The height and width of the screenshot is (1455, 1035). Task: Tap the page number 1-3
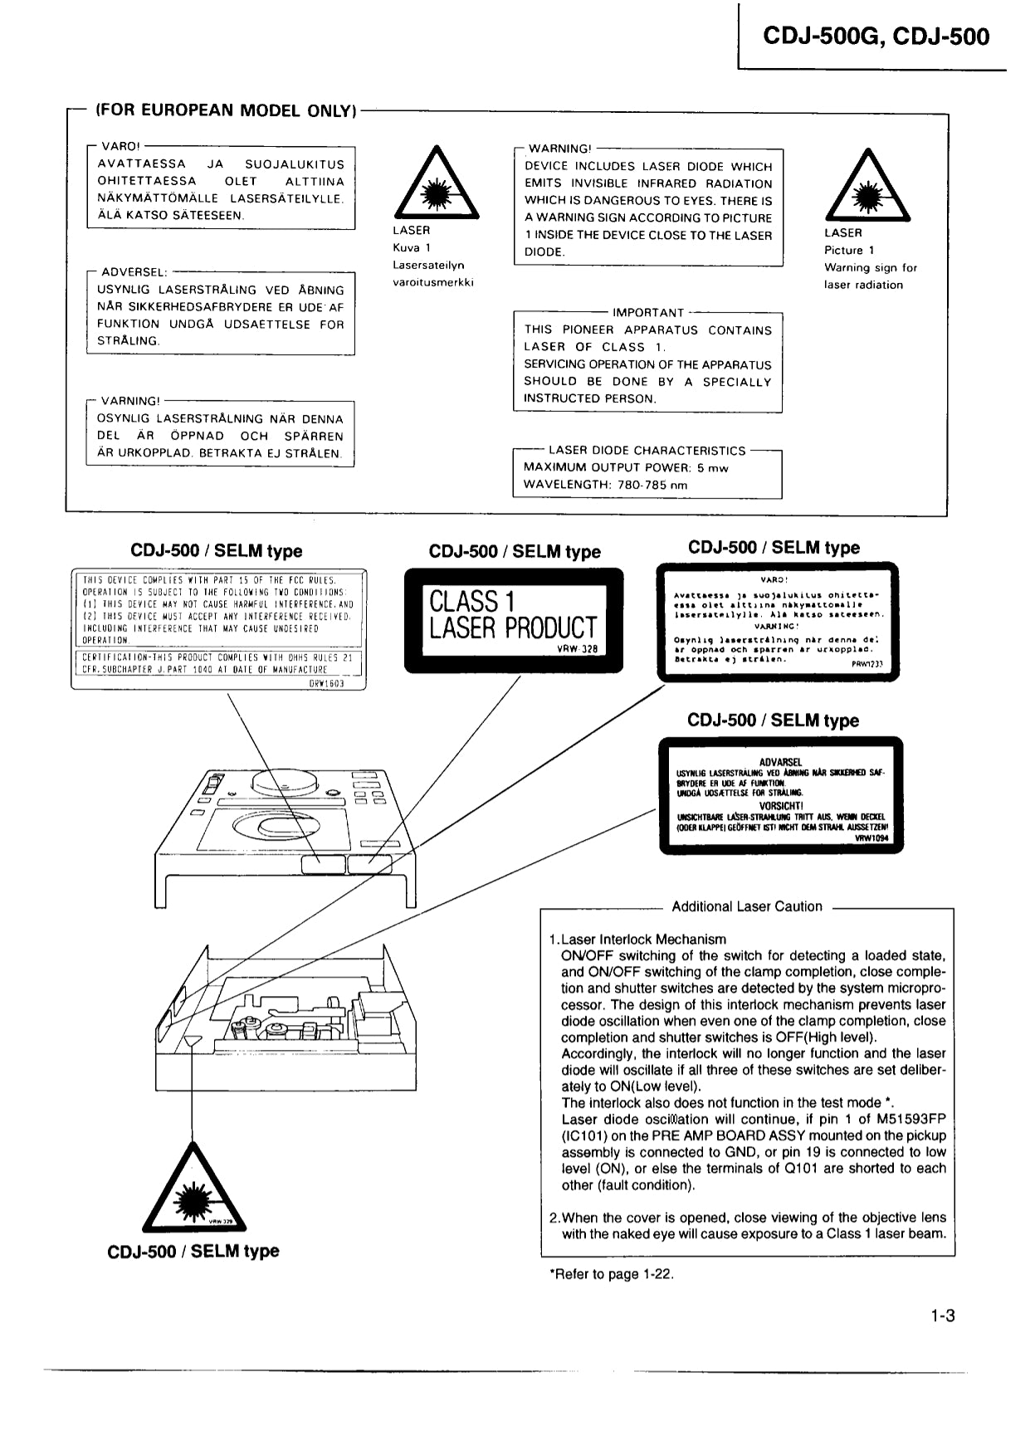[942, 1316]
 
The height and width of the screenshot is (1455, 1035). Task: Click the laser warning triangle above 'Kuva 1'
[435, 183]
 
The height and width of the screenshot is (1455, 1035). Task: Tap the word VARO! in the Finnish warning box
[120, 146]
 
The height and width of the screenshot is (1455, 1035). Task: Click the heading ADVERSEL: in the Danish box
[134, 272]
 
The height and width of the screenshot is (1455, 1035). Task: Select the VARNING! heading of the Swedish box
[130, 401]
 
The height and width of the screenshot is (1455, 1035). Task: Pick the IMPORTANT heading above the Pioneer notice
[648, 313]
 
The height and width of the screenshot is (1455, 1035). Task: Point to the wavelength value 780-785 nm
[652, 485]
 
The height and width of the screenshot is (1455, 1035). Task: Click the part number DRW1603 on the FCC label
[326, 683]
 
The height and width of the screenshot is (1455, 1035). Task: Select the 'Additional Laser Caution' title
[746, 907]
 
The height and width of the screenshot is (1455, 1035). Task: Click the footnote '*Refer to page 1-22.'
[611, 1274]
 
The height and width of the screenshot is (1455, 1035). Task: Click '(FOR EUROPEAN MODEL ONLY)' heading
[226, 110]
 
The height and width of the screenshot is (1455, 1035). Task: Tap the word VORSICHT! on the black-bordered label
[780, 805]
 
